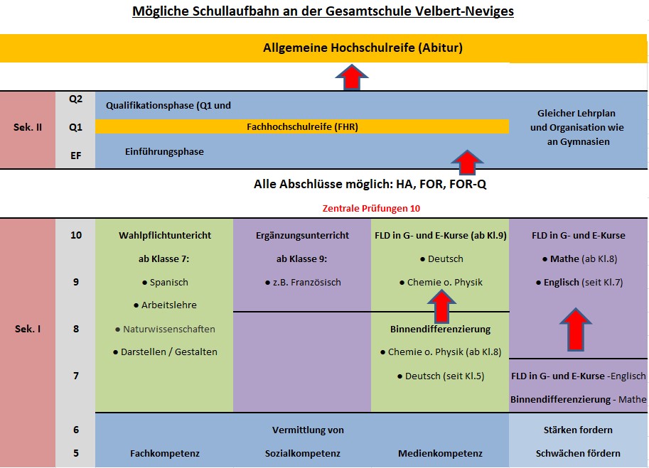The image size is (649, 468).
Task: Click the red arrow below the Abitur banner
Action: [351, 77]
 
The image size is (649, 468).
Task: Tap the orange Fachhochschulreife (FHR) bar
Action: [302, 127]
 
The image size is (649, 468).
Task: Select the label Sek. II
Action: [28, 127]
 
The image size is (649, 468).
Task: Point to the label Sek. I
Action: [28, 329]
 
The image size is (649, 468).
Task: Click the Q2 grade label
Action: [75, 99]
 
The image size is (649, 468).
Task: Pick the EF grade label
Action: [75, 153]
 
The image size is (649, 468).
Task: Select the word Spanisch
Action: [168, 282]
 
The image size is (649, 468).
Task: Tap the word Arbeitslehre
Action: [168, 305]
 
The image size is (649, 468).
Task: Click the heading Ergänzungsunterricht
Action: [302, 235]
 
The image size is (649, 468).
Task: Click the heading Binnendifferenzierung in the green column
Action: [440, 329]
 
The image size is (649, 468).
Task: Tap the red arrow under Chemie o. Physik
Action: [441, 308]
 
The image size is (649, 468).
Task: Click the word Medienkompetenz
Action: [440, 453]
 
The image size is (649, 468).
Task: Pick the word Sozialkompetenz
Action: [303, 453]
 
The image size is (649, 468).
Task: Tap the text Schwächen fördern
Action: [578, 453]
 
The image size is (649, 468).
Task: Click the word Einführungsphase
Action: [164, 151]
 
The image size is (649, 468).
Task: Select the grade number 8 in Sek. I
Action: [76, 329]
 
